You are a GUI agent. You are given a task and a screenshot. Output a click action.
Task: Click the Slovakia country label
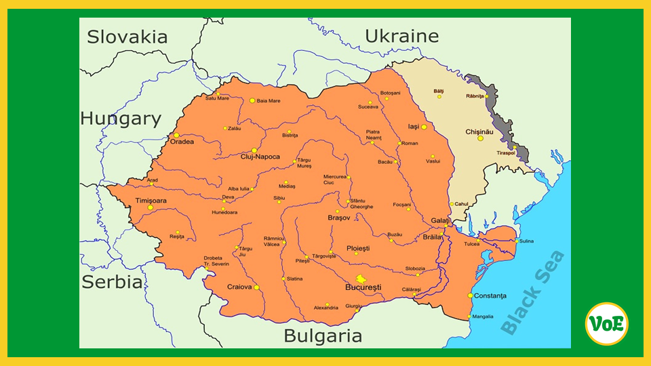click(127, 37)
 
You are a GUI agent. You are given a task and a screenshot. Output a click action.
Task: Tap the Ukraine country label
click(401, 36)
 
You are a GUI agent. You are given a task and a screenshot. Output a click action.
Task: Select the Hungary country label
click(121, 119)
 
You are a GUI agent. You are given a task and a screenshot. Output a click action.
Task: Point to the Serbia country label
click(112, 282)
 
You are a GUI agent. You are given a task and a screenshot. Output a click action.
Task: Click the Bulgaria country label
click(323, 335)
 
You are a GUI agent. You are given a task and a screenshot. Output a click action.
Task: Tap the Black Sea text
click(533, 293)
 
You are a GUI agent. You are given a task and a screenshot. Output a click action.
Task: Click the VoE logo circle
click(606, 324)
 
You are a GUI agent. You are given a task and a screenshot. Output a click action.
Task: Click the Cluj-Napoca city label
click(260, 157)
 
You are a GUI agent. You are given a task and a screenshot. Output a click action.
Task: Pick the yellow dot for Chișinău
click(480, 138)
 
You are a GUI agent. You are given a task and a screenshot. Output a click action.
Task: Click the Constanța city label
click(491, 296)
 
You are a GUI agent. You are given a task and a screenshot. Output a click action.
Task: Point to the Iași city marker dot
click(424, 127)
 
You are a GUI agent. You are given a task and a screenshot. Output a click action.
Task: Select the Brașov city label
click(338, 218)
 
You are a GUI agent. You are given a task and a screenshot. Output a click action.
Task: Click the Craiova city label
click(239, 287)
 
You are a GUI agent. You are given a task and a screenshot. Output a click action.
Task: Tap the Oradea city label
click(182, 142)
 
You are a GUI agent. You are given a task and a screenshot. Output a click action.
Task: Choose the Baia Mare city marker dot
click(252, 100)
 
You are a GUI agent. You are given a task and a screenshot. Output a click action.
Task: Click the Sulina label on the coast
click(526, 241)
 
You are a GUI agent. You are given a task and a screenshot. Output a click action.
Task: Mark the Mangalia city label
click(483, 317)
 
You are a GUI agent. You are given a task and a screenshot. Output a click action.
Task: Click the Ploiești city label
click(358, 248)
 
